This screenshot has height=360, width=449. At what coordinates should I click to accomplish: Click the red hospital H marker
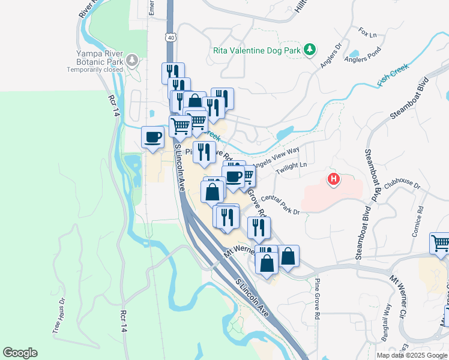click(x=333, y=179)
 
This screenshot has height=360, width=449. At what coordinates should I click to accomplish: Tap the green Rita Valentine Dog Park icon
click(x=310, y=50)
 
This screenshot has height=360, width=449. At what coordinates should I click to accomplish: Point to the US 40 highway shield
click(x=172, y=37)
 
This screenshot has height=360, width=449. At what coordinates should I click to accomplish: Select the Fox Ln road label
click(x=367, y=32)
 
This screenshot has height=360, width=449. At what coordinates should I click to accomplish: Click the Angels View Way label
click(x=276, y=157)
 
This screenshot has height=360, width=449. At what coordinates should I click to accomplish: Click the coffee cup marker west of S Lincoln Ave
click(x=153, y=137)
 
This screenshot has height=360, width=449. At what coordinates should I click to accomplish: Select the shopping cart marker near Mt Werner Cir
click(x=441, y=243)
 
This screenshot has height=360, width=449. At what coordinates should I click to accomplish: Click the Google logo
click(x=20, y=353)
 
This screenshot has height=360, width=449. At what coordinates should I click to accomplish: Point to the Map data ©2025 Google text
click(x=411, y=355)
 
